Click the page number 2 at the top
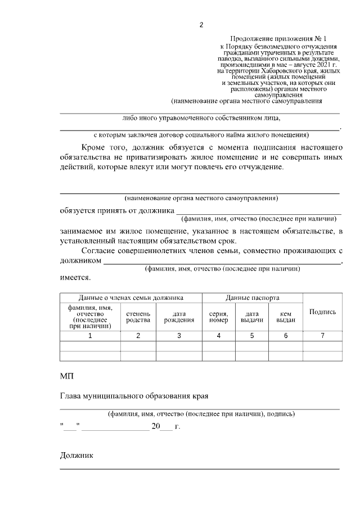(201, 25)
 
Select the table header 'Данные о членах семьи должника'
(130, 298)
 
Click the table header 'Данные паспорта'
(253, 298)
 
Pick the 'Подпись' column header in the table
(323, 312)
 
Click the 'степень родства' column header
(138, 316)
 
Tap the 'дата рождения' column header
(179, 316)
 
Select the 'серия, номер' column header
(218, 316)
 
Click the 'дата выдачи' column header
(252, 316)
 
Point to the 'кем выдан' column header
(286, 316)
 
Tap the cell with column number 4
(218, 336)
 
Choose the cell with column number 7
(323, 336)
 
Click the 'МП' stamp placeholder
(66, 375)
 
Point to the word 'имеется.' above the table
(75, 277)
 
